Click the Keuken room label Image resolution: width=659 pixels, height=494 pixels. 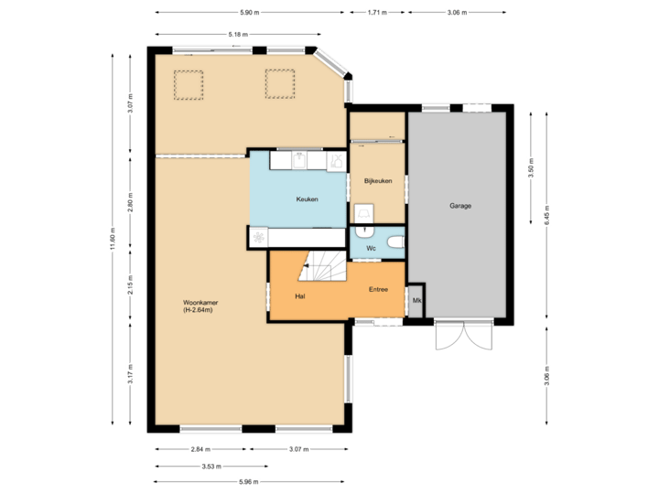(x=307, y=199)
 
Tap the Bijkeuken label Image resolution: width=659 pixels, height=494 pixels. (x=377, y=181)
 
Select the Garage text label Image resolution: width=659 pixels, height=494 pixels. (x=460, y=206)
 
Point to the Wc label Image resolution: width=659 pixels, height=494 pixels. (x=372, y=248)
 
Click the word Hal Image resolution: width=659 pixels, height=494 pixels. (x=299, y=296)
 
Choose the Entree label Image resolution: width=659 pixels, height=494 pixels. (x=378, y=289)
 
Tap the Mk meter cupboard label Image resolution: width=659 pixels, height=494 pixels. (x=416, y=300)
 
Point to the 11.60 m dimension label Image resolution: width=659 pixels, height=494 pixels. (x=113, y=241)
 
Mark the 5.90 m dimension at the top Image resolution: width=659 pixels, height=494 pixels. (x=249, y=13)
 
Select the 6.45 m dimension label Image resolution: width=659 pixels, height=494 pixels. (x=546, y=214)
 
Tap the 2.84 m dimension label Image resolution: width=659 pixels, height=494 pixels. (x=200, y=449)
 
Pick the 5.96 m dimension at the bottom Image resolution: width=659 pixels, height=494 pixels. (x=249, y=481)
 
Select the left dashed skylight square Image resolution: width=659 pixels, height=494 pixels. (x=189, y=84)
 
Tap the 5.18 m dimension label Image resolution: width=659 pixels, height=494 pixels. (x=237, y=34)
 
